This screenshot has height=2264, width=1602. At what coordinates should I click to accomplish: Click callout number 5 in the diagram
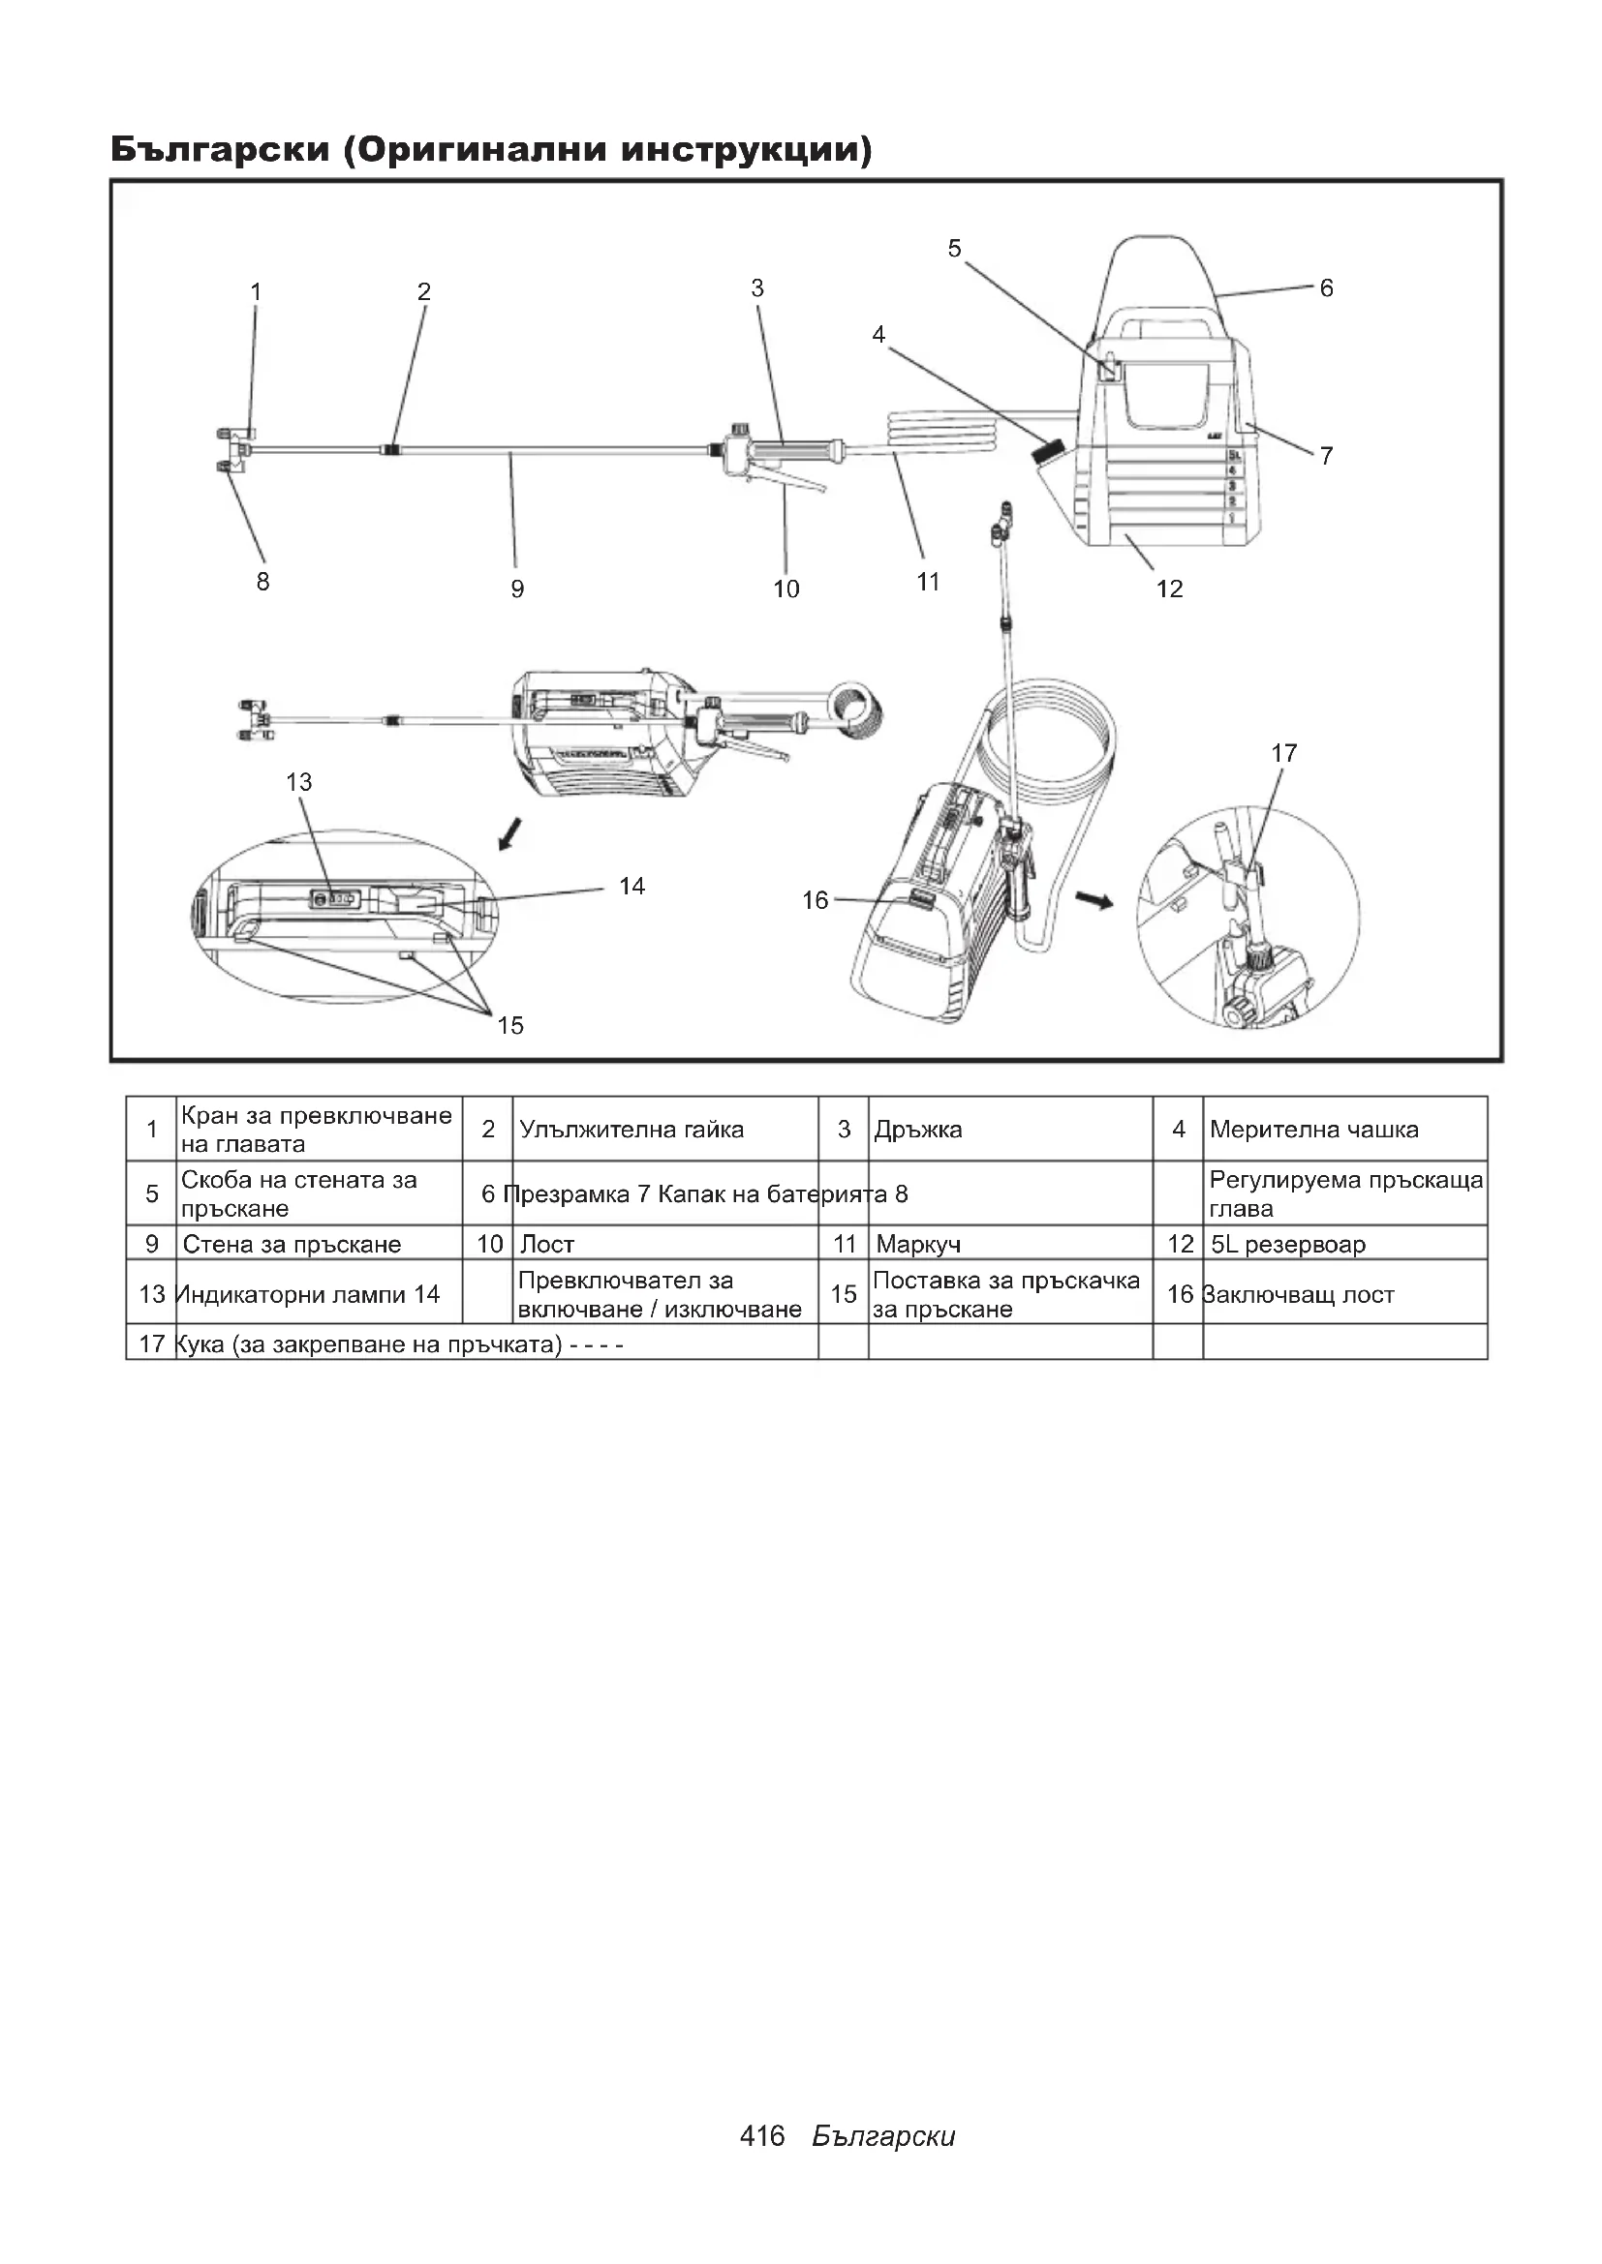954,249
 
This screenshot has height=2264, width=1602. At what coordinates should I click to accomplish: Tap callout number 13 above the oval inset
299,782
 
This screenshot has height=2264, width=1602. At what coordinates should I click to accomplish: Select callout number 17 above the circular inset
1283,753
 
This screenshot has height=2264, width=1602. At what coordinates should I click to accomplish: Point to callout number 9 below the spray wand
517,589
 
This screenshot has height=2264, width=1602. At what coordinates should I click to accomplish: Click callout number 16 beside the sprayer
815,900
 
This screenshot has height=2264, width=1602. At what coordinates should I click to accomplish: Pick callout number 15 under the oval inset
510,1025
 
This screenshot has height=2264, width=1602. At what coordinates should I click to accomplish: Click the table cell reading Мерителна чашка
1314,1129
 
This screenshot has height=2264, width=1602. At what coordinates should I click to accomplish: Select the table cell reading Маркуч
917,1245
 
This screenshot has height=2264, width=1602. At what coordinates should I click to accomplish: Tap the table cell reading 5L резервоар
1287,1245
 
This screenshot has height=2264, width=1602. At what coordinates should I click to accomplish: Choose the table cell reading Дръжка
917,1130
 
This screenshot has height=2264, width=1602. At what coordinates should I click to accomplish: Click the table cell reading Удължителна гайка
632,1130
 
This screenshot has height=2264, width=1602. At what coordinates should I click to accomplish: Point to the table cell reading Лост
546,1245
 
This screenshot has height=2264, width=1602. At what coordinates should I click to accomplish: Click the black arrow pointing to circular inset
1093,899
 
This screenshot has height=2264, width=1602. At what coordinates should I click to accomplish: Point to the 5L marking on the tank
1233,455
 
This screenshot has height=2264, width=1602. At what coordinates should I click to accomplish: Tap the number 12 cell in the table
1180,1245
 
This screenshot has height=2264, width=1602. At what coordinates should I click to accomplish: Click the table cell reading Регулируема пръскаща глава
1344,1194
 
